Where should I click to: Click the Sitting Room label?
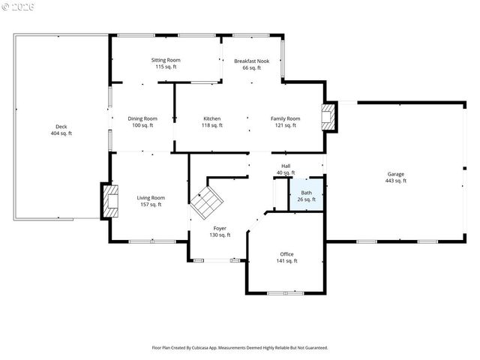[166, 60]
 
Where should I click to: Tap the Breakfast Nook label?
[251, 60]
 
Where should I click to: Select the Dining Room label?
[142, 118]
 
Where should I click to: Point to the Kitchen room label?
[212, 118]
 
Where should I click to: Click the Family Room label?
[285, 118]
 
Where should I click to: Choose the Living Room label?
[150, 198]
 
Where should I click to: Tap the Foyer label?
[220, 228]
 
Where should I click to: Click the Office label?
[287, 253]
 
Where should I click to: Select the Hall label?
[286, 166]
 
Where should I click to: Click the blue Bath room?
[307, 195]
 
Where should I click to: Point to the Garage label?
[395, 173]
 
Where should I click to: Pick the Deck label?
[61, 126]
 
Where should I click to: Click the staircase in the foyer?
[205, 201]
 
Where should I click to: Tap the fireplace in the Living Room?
[111, 201]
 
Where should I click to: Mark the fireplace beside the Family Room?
[328, 116]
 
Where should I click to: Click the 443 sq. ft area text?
[395, 181]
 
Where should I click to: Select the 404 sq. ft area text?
[61, 133]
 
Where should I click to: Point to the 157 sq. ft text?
[150, 205]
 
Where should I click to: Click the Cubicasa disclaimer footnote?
[240, 348]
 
